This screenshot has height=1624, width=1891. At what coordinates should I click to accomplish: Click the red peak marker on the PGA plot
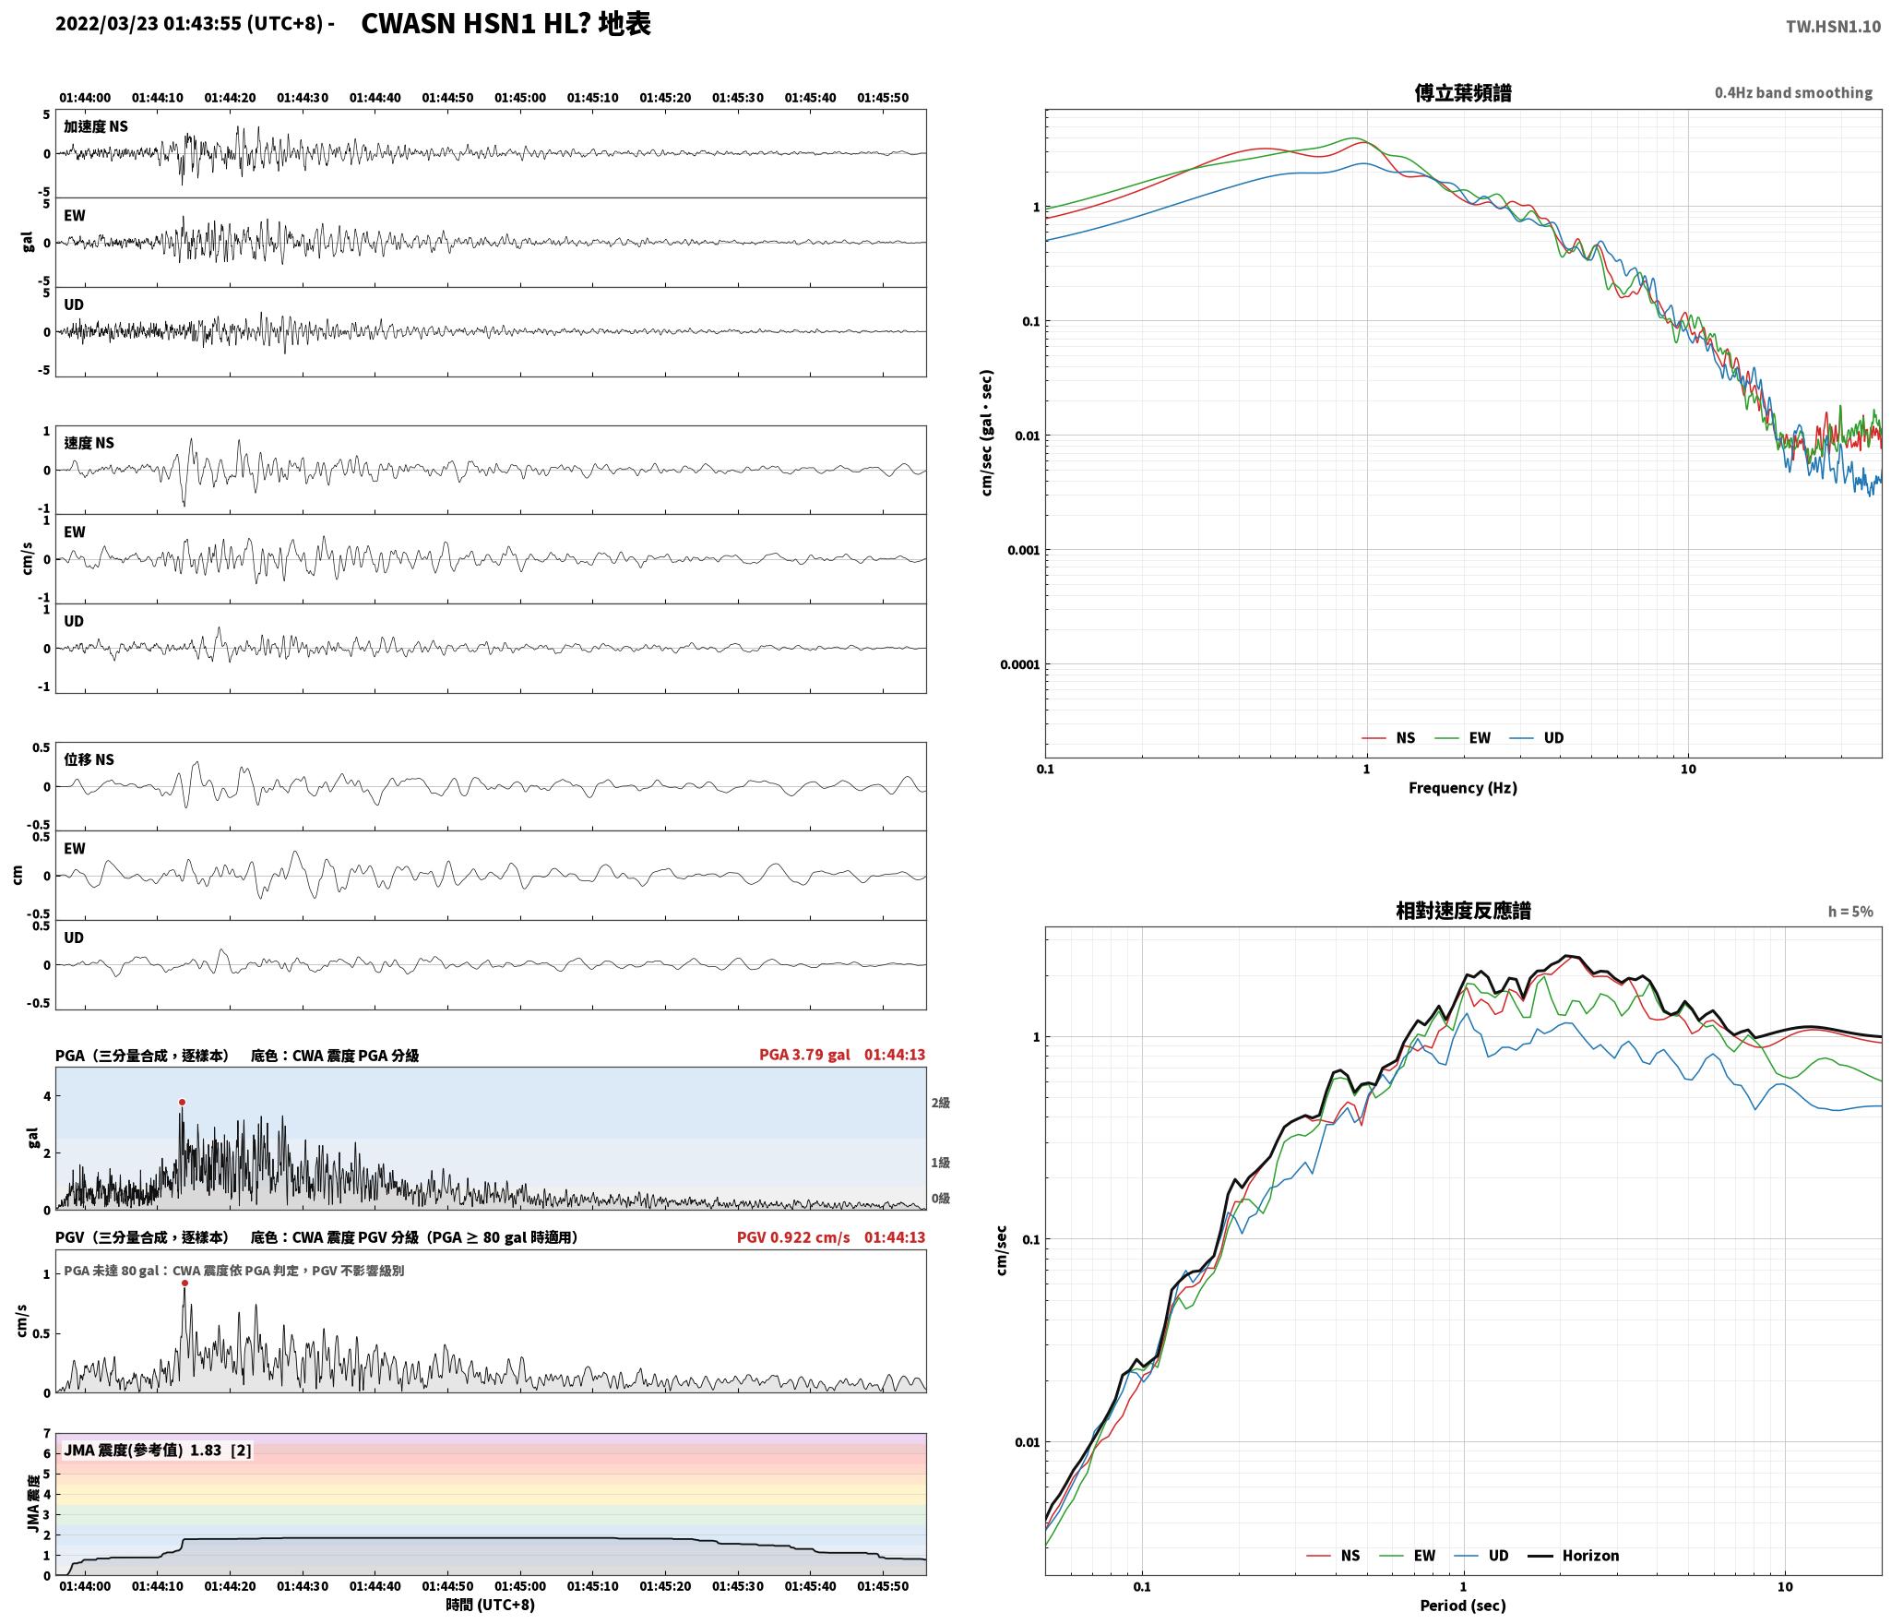click(x=182, y=1102)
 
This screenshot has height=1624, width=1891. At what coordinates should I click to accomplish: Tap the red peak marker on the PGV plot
click(x=184, y=1283)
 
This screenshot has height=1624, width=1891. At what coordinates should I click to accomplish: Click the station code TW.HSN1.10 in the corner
click(x=1833, y=27)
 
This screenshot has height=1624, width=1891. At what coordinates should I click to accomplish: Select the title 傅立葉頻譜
click(x=1463, y=92)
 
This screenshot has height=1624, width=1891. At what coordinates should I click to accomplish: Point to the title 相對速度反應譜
click(x=1463, y=911)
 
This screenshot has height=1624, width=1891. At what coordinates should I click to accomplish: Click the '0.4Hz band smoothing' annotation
click(x=1793, y=93)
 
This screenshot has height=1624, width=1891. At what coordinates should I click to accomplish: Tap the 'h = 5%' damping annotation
click(x=1850, y=912)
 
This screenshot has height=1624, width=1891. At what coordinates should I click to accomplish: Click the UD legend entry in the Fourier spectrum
click(x=1537, y=737)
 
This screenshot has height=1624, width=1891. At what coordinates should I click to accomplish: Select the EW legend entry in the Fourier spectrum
click(x=1463, y=737)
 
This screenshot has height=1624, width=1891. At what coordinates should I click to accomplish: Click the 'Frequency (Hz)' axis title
click(x=1462, y=787)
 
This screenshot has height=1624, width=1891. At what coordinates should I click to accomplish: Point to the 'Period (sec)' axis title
click(x=1462, y=1605)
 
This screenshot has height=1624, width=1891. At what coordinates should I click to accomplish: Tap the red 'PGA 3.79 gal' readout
click(x=804, y=1055)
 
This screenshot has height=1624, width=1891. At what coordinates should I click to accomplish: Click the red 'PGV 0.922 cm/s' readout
click(x=793, y=1236)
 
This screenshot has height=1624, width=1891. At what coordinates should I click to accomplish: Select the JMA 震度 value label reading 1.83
click(x=206, y=1450)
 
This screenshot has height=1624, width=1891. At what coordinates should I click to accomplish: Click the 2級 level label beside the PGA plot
click(x=940, y=1103)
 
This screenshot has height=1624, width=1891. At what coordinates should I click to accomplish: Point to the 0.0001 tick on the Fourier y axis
click(x=1019, y=664)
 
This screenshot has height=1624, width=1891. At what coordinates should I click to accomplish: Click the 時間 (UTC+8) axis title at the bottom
click(x=490, y=1605)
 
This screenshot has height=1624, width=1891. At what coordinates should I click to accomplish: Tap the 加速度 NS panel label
click(x=96, y=126)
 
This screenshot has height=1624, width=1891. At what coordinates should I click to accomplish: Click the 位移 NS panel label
click(x=89, y=759)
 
